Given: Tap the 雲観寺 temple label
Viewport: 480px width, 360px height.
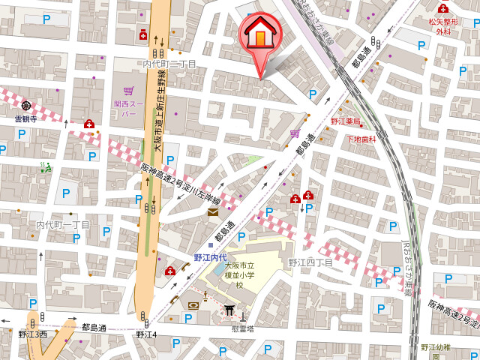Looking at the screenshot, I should tap(25, 118).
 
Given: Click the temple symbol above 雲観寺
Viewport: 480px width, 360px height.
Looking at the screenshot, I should tap(26, 106).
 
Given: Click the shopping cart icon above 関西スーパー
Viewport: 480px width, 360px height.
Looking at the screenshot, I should tap(128, 88).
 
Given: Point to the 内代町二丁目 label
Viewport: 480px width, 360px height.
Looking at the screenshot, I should tap(169, 64).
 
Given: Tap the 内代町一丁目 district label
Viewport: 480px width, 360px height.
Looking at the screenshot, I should tap(63, 225).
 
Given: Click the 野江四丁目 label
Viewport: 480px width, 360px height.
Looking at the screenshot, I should tap(310, 262).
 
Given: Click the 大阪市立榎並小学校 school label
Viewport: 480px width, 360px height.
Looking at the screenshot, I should tap(239, 275).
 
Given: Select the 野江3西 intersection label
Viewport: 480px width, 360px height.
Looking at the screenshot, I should tap(33, 334).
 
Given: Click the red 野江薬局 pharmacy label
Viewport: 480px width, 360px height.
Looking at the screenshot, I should tap(345, 121).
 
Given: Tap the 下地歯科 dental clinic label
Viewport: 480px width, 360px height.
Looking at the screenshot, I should tap(361, 139).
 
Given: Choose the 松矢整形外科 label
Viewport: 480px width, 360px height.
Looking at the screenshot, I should tap(443, 26).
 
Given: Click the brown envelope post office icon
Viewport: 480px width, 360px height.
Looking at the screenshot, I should tap(213, 214).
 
